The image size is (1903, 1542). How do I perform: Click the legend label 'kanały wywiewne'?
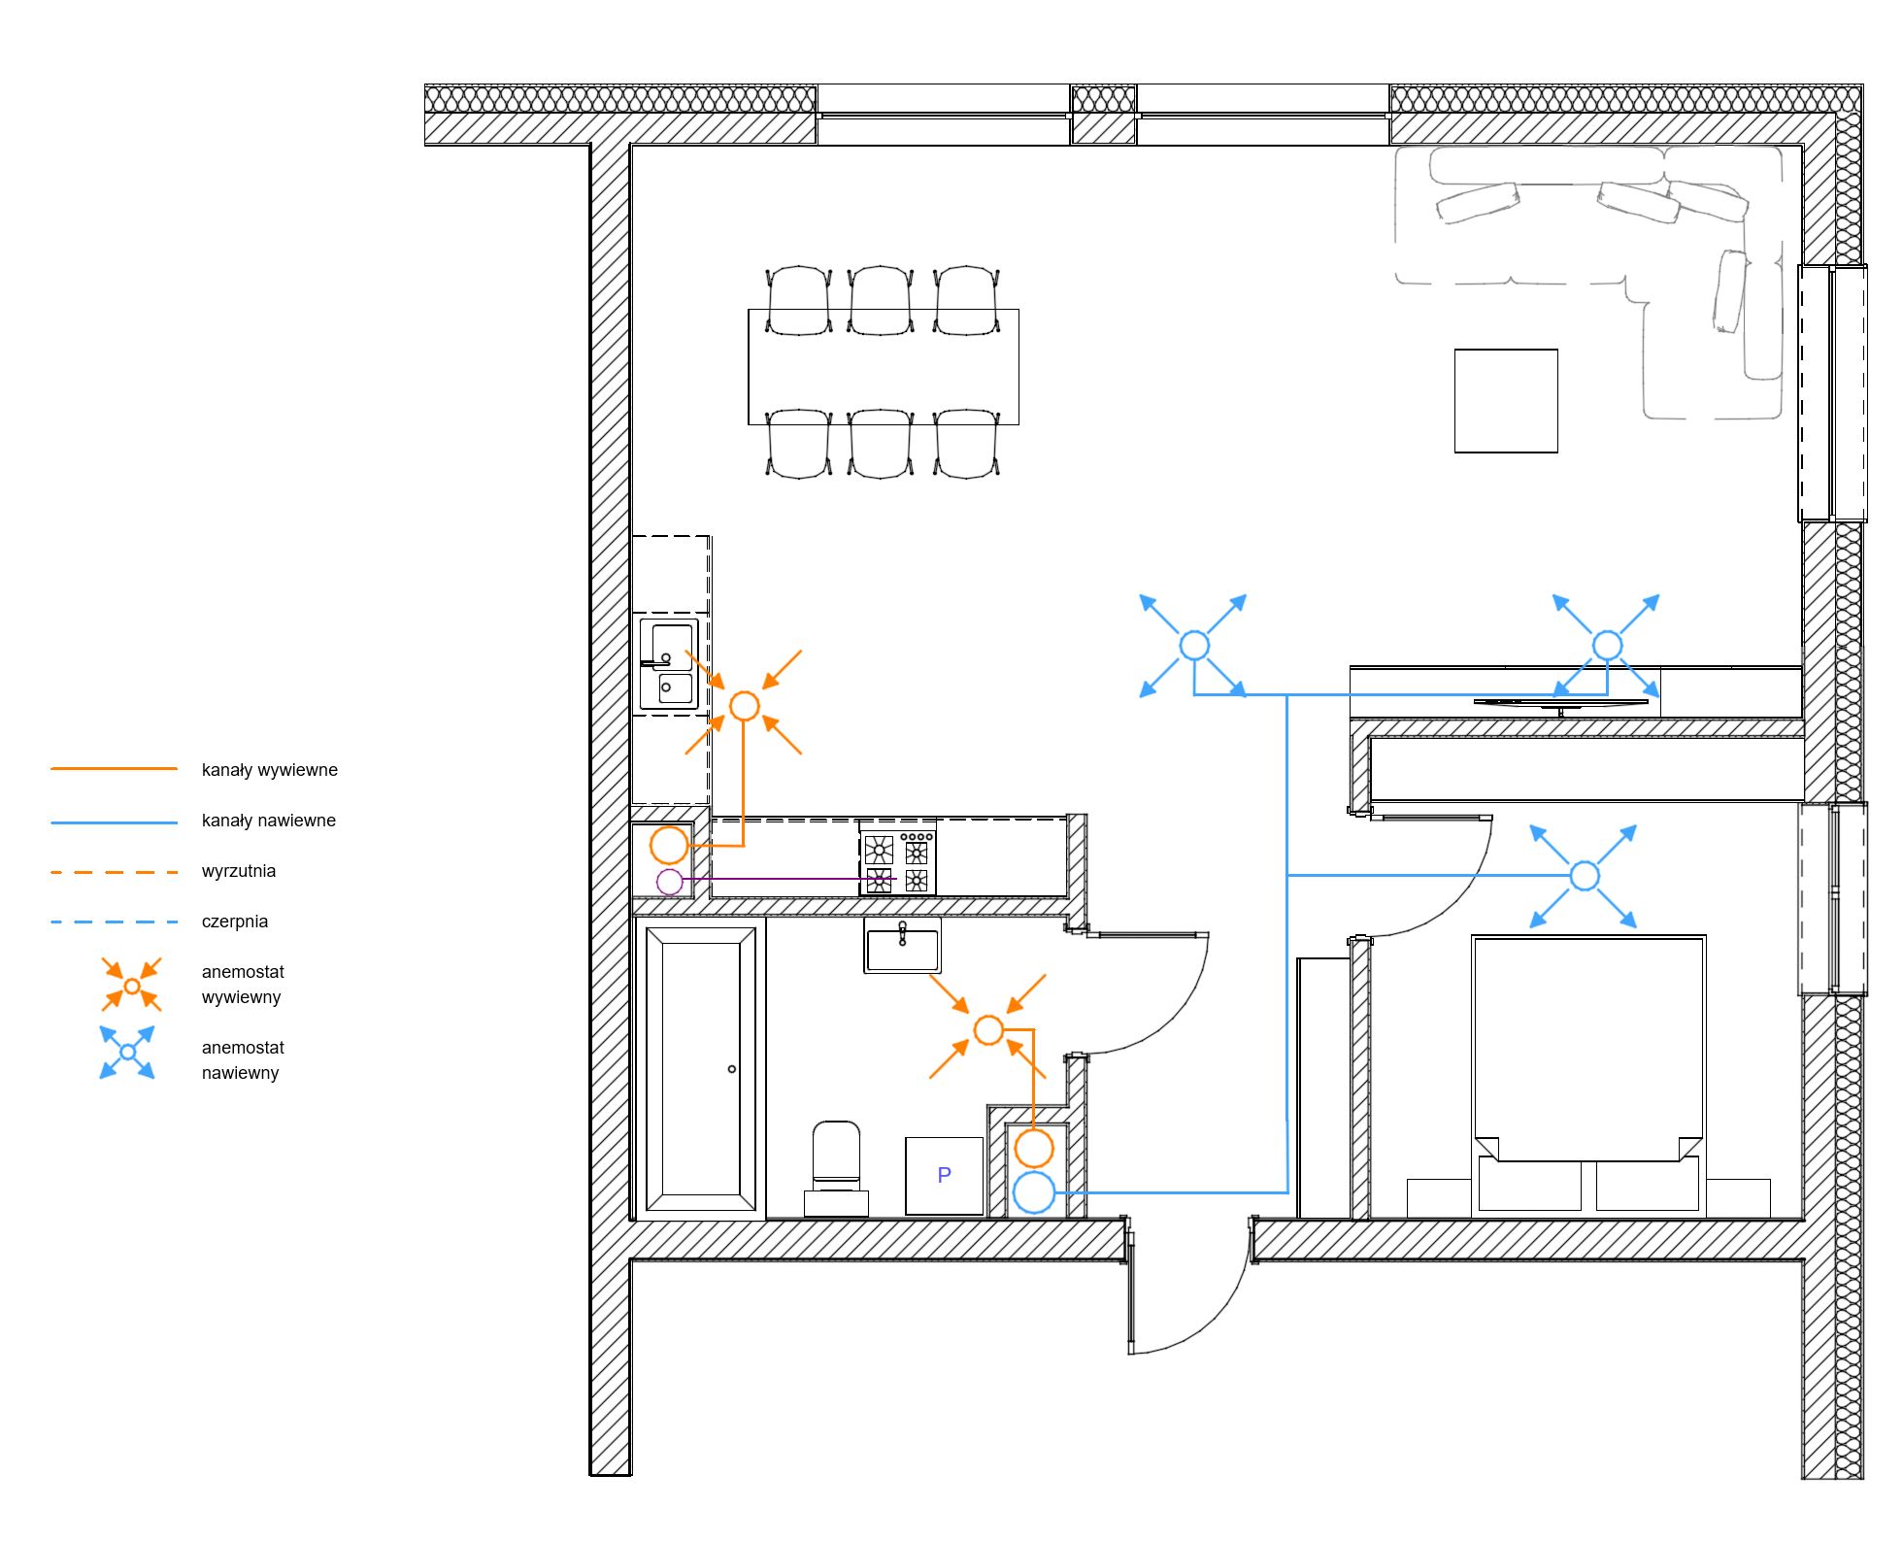(x=270, y=770)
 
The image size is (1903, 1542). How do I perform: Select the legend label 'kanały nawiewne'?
(x=269, y=821)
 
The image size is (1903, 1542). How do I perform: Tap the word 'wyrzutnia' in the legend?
(x=239, y=871)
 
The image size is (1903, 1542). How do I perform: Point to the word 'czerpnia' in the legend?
(x=235, y=922)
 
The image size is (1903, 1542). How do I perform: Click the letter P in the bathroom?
(x=944, y=1175)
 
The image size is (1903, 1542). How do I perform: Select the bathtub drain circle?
(x=732, y=1069)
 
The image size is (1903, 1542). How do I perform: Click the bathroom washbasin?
(x=903, y=946)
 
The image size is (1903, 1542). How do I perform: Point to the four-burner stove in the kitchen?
(x=898, y=857)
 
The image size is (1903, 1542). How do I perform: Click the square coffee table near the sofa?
(x=1506, y=401)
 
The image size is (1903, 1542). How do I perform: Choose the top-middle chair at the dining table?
(x=881, y=300)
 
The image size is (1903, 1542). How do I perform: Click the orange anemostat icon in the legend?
(x=132, y=985)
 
